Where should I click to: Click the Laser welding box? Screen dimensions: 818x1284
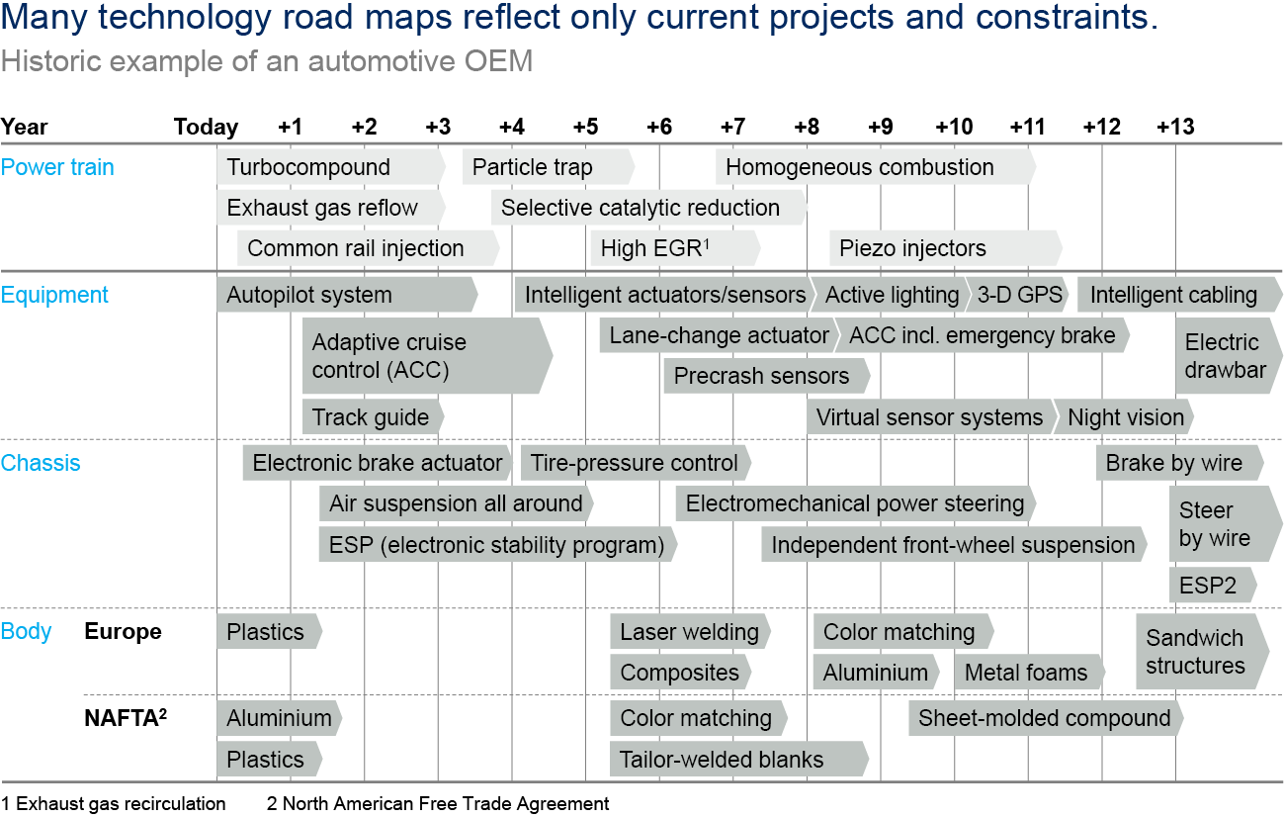click(690, 632)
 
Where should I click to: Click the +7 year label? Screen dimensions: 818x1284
click(732, 127)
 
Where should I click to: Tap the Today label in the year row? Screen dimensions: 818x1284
click(206, 127)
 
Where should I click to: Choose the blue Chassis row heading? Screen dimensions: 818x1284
click(41, 463)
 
